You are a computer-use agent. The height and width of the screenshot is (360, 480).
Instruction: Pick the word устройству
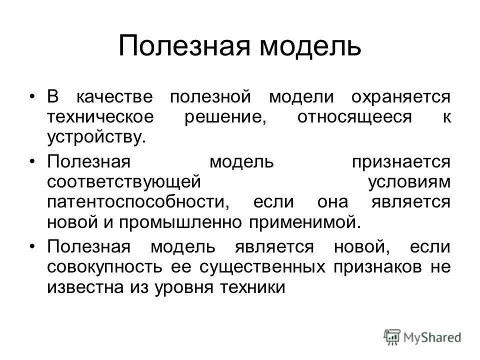(x=96, y=137)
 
